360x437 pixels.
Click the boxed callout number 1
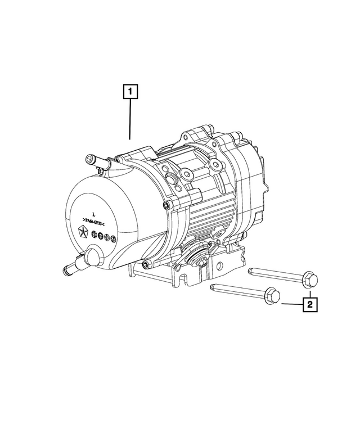tap(130, 91)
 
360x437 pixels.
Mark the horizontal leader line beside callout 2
tap(291, 304)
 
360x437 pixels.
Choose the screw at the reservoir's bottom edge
tap(147, 264)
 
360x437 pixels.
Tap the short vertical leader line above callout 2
tap(309, 290)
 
